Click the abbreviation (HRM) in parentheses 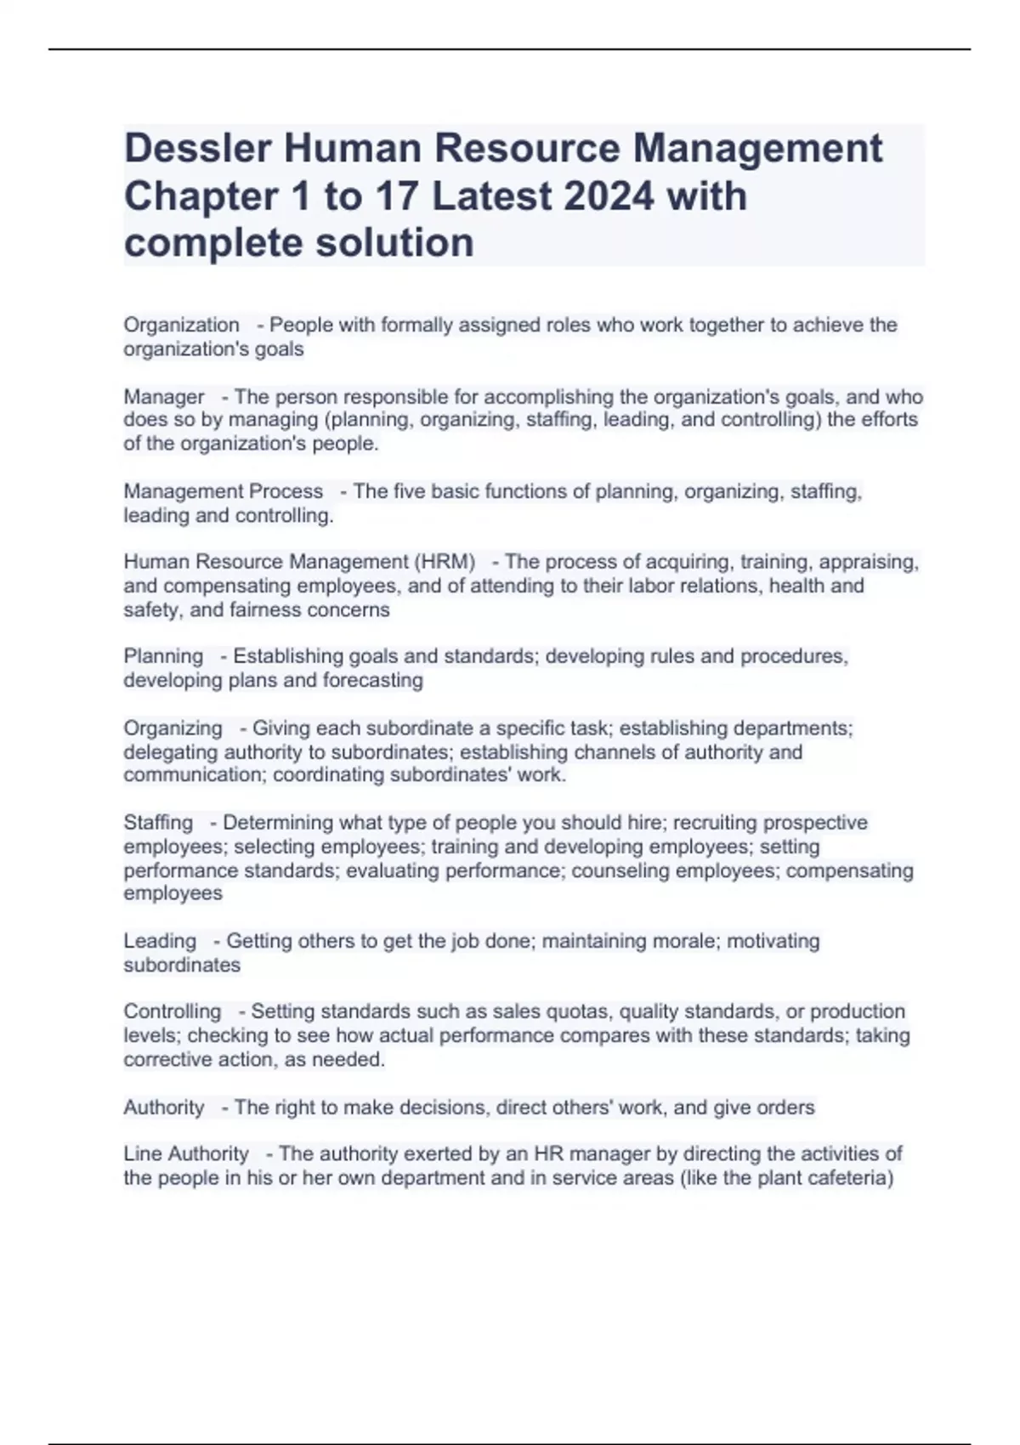click(445, 562)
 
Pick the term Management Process click(223, 491)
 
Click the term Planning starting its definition click(163, 656)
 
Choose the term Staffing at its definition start click(158, 823)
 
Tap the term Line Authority click(186, 1153)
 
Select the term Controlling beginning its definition click(172, 1011)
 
